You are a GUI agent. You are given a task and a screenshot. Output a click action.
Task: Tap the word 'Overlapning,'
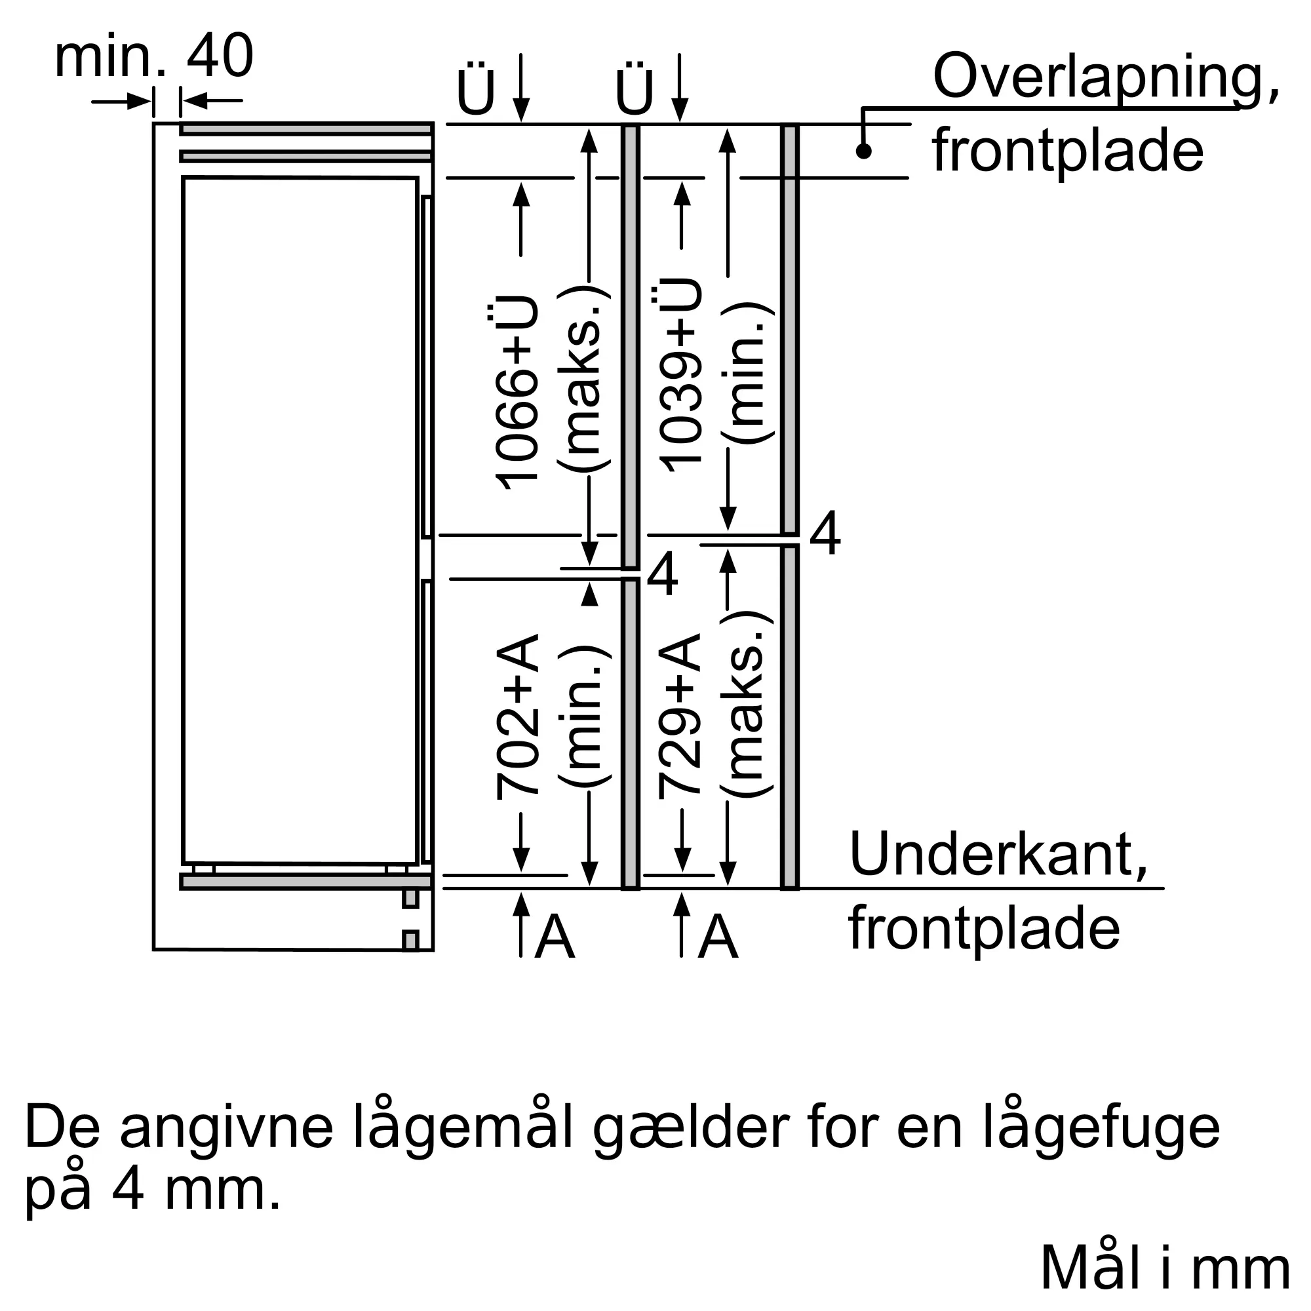1106,80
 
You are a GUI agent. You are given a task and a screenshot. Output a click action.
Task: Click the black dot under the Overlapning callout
863,151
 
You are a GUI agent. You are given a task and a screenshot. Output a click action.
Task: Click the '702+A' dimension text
518,716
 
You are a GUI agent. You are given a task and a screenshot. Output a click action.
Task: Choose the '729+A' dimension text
679,714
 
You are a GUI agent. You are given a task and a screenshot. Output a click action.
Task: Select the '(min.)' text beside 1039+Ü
747,373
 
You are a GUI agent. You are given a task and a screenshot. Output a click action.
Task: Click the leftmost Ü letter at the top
476,90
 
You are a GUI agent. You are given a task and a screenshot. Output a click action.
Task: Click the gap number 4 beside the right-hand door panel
825,535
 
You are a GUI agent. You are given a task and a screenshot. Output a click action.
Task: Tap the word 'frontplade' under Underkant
984,931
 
